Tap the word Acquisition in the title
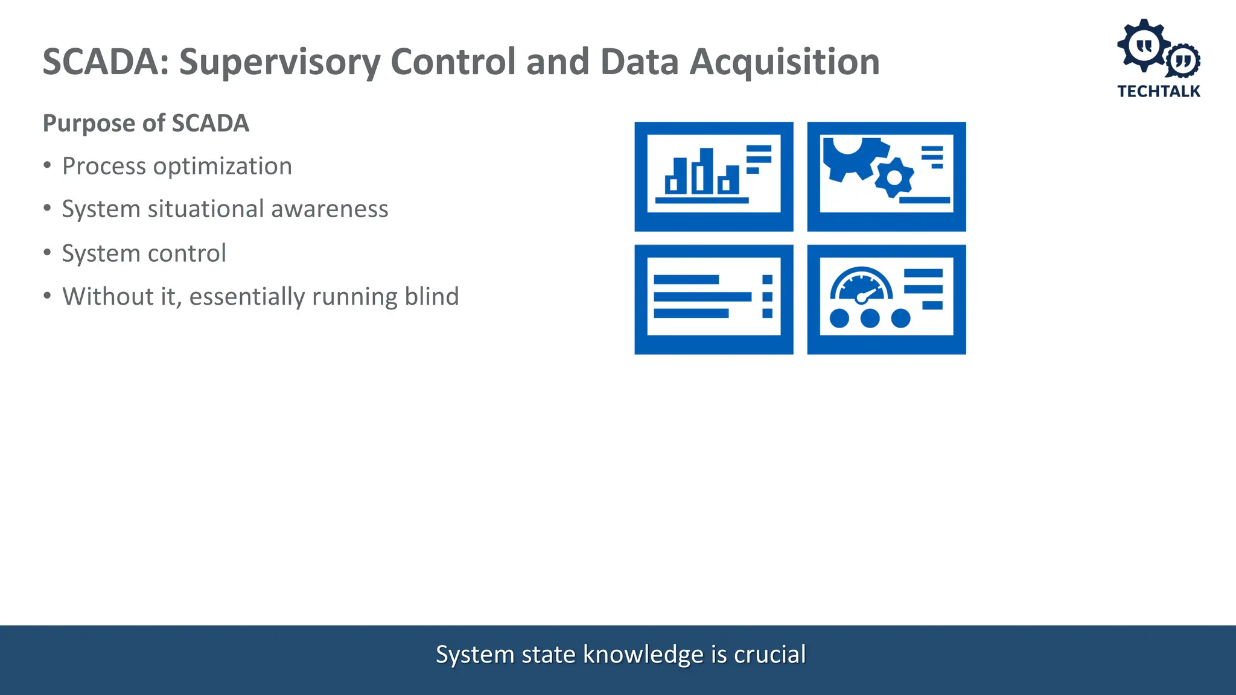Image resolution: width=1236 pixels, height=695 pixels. point(785,62)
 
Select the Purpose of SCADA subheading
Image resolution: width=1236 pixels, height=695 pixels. point(145,123)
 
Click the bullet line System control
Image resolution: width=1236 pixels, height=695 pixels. point(144,253)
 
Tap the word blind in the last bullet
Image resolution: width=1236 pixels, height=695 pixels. point(432,297)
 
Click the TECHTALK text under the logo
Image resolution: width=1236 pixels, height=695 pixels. point(1158,92)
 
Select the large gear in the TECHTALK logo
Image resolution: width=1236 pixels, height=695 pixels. point(1142,45)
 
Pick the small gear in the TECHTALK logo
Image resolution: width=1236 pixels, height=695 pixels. point(1182,60)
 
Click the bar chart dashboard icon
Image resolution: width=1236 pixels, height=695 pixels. point(713,176)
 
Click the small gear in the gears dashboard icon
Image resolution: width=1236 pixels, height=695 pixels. point(894,178)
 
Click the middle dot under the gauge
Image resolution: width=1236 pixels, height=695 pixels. point(870,318)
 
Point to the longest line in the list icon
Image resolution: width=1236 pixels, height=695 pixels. point(702,297)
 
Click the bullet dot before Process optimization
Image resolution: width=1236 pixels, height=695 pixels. point(48,165)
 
